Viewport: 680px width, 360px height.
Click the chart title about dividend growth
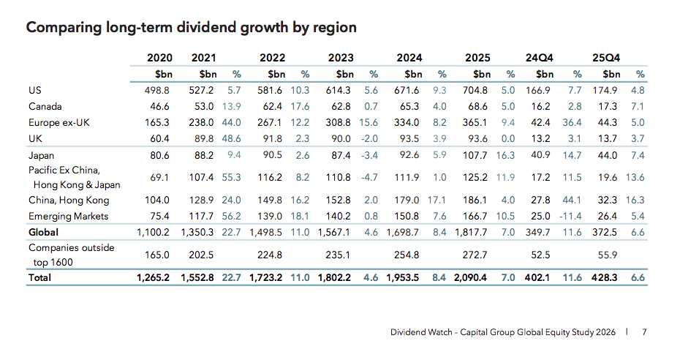[192, 28]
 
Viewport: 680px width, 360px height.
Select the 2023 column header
[341, 57]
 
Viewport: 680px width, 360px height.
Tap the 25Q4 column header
[606, 57]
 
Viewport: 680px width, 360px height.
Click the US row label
[34, 90]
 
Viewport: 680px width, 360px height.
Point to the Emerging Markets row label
[68, 216]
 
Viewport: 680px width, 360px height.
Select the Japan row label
[42, 155]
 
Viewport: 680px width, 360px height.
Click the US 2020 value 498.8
[159, 90]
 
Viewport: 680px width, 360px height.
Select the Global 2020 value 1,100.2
[154, 232]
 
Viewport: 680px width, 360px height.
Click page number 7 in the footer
[644, 332]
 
